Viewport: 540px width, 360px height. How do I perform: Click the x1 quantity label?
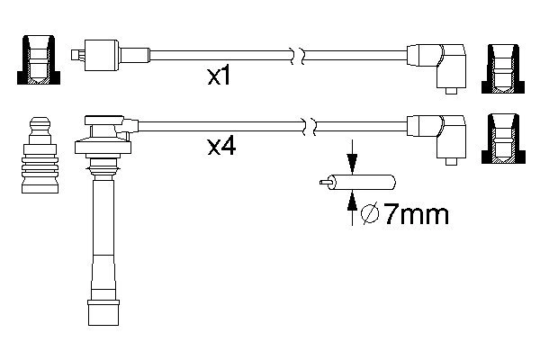[219, 76]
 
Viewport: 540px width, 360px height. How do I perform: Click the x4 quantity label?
[221, 147]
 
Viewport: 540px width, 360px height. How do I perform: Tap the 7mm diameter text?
[416, 214]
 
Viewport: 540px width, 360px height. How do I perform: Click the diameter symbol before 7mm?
[370, 214]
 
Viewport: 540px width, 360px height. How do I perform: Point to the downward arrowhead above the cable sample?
[352, 165]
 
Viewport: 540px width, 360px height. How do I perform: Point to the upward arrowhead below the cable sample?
[352, 201]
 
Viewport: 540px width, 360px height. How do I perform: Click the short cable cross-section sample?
[357, 182]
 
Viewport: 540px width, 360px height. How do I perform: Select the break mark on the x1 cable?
[298, 56]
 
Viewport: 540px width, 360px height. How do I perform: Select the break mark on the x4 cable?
[309, 126]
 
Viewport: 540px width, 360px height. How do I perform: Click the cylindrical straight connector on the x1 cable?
[102, 55]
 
